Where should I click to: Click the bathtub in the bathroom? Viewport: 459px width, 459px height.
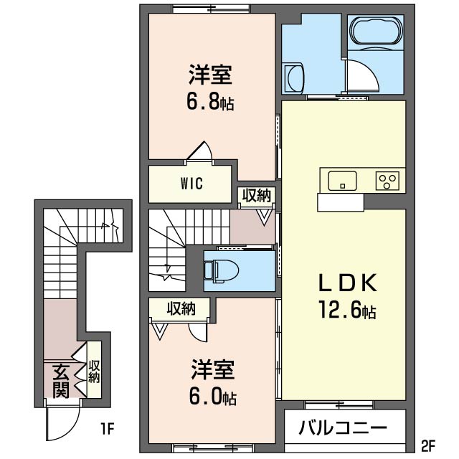pyautogui.click(x=375, y=34)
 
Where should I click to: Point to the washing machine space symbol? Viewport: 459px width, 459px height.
pyautogui.click(x=294, y=77)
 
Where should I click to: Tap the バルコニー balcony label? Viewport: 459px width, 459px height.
pyautogui.click(x=343, y=429)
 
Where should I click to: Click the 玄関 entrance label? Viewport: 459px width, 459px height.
pyautogui.click(x=60, y=380)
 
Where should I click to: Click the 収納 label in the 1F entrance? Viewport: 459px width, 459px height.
pyautogui.click(x=94, y=372)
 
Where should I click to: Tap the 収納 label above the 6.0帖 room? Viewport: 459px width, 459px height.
pyautogui.click(x=181, y=308)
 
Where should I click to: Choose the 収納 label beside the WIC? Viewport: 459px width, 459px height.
pyautogui.click(x=256, y=195)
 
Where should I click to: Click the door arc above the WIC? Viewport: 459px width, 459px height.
pyautogui.click(x=202, y=153)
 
